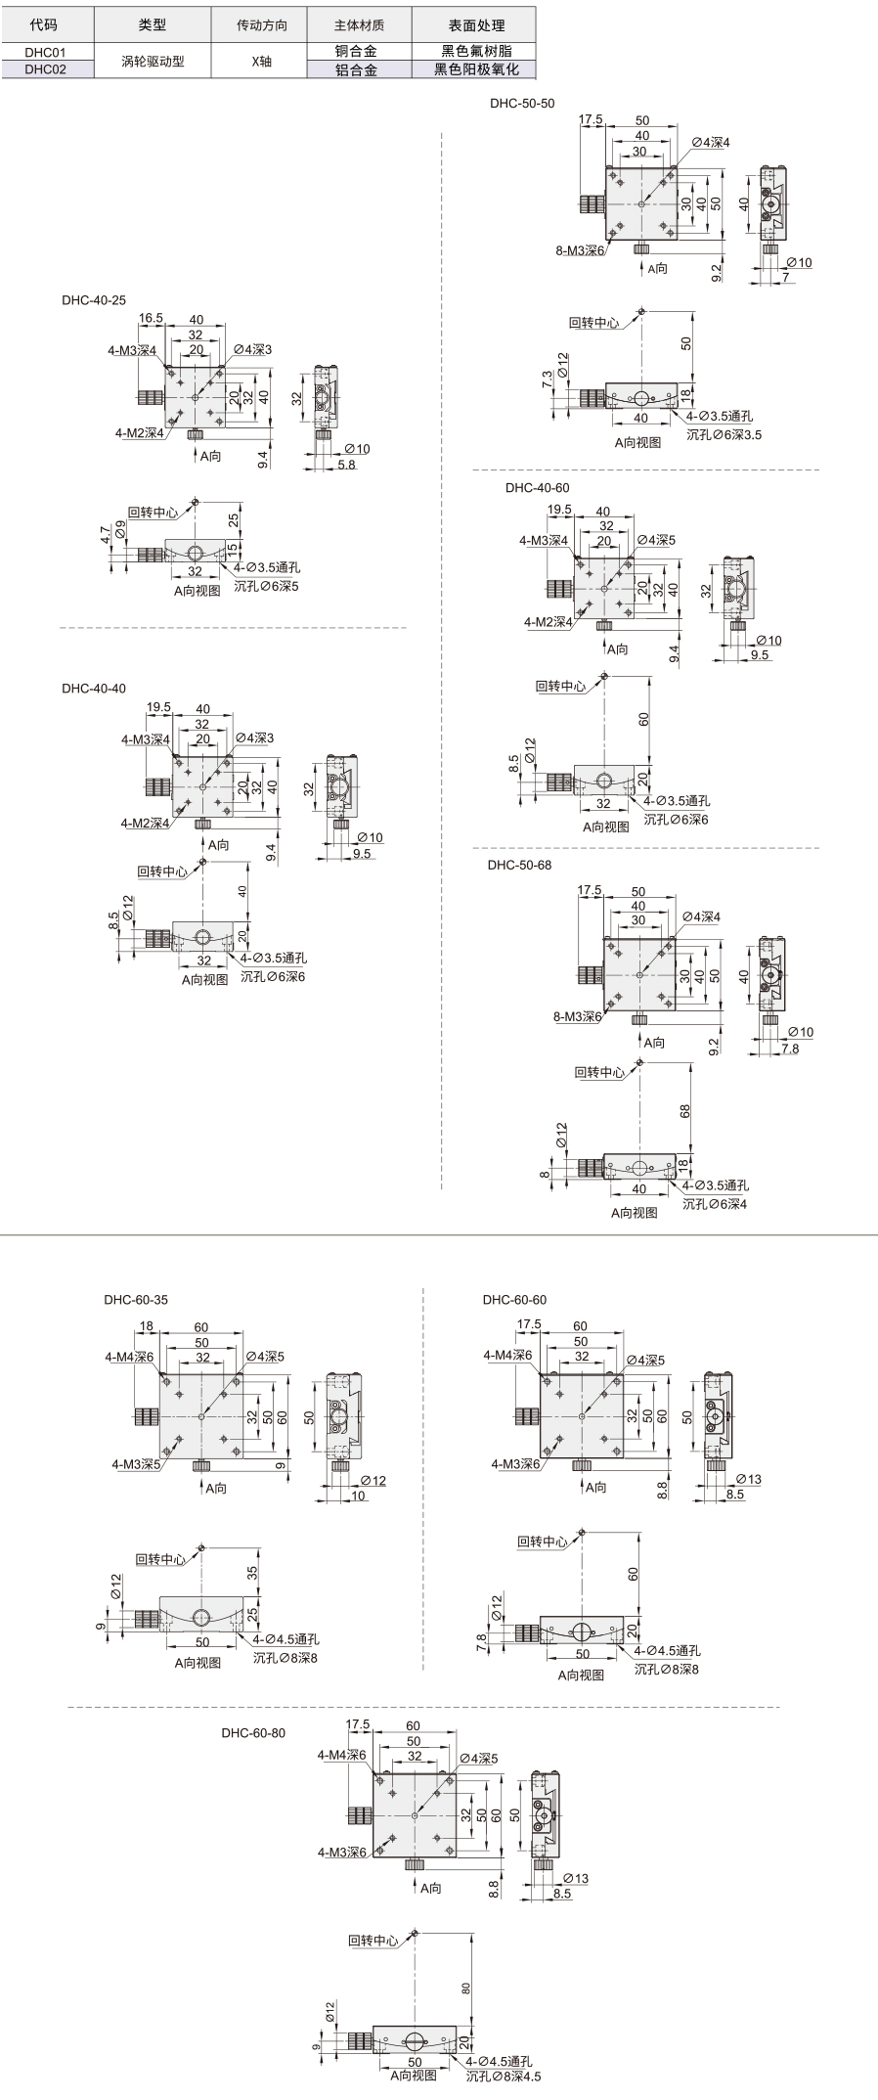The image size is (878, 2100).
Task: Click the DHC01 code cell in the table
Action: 45,51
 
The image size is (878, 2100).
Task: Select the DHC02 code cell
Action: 45,69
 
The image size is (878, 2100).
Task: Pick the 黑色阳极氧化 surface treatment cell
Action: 472,69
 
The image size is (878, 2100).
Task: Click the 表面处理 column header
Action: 472,25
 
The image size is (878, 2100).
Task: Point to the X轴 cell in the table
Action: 261,61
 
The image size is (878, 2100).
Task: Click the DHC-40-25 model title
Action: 94,301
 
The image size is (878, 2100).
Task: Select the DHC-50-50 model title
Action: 522,103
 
